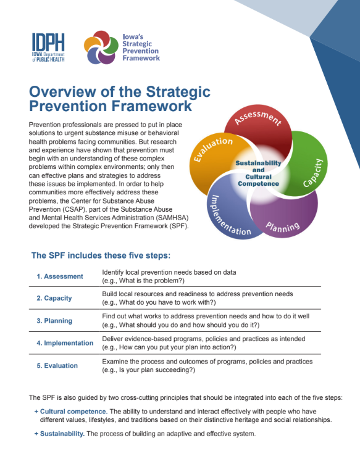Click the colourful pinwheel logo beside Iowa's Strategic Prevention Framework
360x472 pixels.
click(101, 48)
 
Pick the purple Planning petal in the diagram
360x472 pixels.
click(284, 216)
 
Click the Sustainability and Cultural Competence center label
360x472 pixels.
click(258, 173)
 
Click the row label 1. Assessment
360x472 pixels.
click(59, 276)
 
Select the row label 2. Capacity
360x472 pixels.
click(54, 298)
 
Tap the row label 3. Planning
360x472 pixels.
click(54, 321)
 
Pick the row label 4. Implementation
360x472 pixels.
click(64, 343)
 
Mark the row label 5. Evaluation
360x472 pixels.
click(57, 365)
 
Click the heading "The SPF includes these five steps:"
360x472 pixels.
click(101, 255)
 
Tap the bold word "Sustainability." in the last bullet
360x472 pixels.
click(62, 434)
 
